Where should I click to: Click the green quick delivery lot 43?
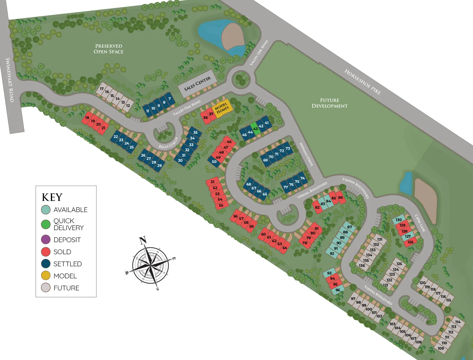click(x=256, y=129)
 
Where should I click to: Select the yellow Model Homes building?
click(x=222, y=108)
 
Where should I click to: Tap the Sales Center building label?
click(x=198, y=83)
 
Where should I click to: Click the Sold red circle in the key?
click(x=46, y=252)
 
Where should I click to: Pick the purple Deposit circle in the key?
click(x=46, y=240)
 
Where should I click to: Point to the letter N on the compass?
click(x=143, y=240)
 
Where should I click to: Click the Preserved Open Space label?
click(x=108, y=49)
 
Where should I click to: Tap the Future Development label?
click(x=329, y=103)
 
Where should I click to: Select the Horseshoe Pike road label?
click(x=363, y=82)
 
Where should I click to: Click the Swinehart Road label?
click(x=10, y=80)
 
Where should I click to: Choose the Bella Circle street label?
click(x=169, y=143)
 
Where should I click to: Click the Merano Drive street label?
click(x=306, y=154)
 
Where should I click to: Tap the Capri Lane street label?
click(x=420, y=223)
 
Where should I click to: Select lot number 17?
click(x=102, y=89)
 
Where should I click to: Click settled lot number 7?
click(x=170, y=99)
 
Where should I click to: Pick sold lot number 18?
click(x=87, y=118)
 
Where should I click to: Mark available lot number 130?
click(x=399, y=220)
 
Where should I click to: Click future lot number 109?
click(x=441, y=349)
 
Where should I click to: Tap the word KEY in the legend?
click(x=52, y=197)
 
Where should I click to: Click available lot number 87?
click(x=349, y=227)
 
